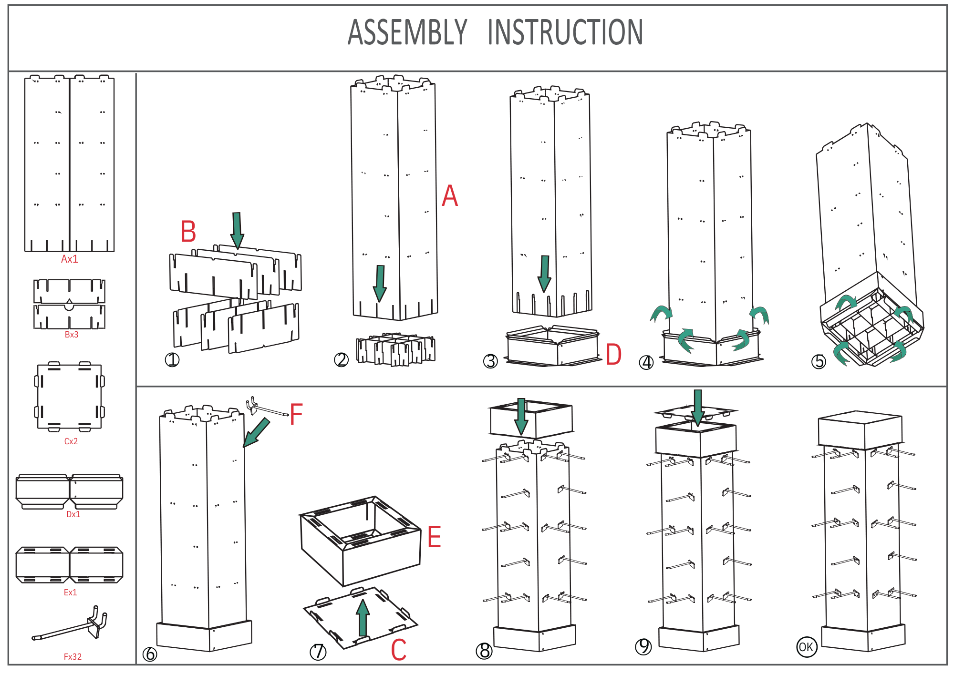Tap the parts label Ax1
[70, 259]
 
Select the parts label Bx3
[72, 335]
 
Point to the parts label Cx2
[71, 441]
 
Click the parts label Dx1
[73, 514]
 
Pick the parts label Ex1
[70, 592]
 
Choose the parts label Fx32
[73, 656]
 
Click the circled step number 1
[172, 360]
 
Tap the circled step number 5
[819, 361]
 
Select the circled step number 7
[318, 652]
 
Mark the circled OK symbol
[807, 647]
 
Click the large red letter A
[450, 196]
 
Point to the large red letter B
[188, 232]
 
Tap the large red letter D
[613, 355]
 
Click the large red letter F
[296, 414]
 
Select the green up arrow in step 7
[363, 618]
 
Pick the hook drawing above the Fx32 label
[72, 625]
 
